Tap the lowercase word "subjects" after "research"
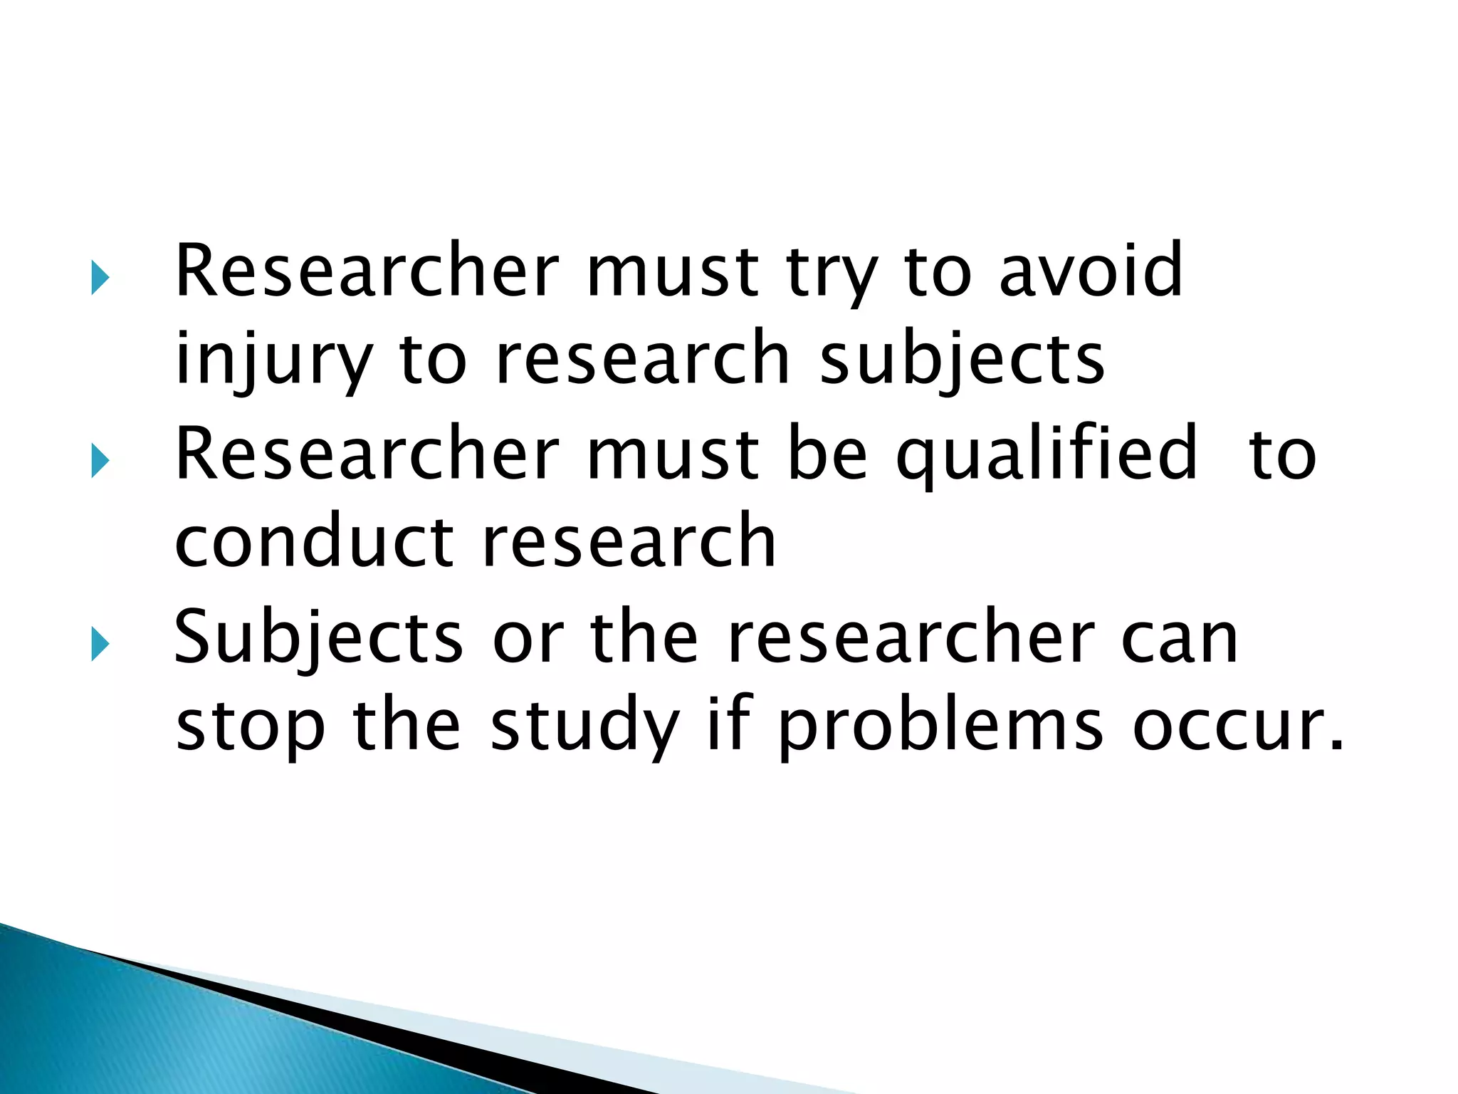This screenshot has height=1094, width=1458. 962,358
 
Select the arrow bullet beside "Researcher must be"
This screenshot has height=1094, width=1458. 100,463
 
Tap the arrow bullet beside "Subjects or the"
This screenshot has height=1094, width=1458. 100,646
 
